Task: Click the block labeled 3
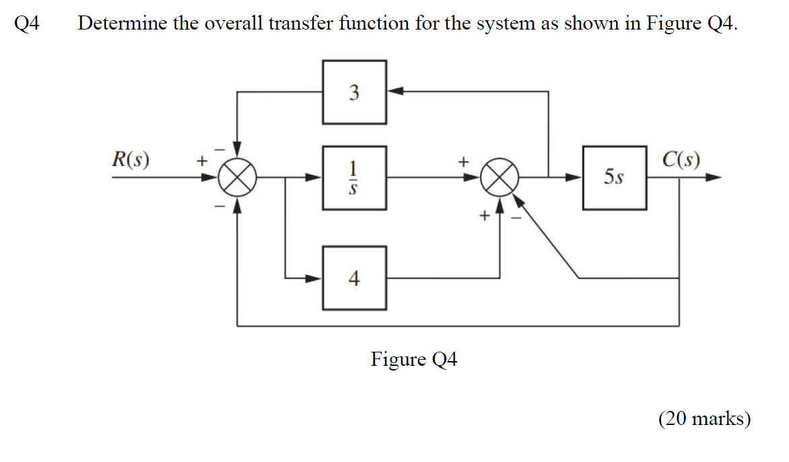[354, 92]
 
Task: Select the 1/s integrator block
[354, 178]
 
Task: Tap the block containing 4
[354, 278]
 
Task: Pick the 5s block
[614, 178]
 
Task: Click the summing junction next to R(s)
[237, 178]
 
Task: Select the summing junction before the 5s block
[500, 178]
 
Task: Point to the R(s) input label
[131, 160]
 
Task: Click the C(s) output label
[680, 160]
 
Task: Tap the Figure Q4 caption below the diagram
[413, 360]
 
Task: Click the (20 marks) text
[704, 419]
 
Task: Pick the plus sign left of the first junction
[199, 161]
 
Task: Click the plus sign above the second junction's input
[462, 161]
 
